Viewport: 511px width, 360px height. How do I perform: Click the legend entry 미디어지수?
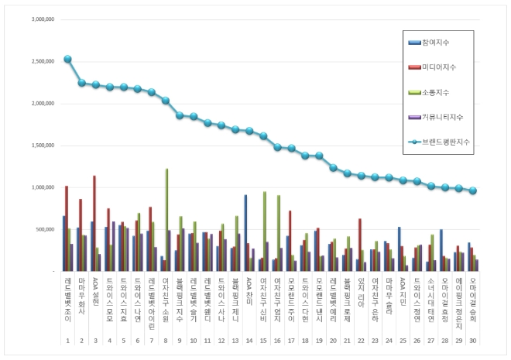click(x=447, y=67)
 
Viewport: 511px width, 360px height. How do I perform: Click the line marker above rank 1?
click(x=67, y=59)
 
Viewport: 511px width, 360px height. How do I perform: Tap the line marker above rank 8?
click(x=166, y=101)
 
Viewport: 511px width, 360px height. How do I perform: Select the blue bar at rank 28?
click(x=441, y=250)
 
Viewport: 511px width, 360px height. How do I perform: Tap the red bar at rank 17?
click(x=290, y=241)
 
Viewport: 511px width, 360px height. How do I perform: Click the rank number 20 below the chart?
click(x=334, y=339)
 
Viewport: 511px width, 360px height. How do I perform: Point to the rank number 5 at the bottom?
click(x=123, y=339)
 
